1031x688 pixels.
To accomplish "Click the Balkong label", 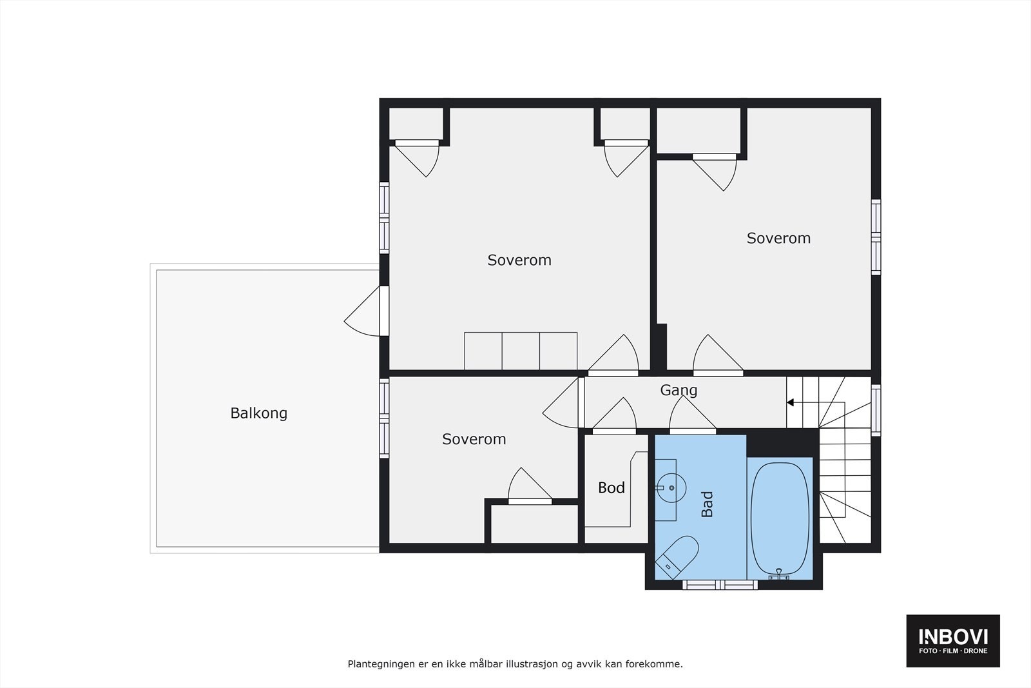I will click(x=258, y=413).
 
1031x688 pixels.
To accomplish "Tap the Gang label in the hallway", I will click(x=679, y=390).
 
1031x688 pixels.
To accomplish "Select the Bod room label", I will click(x=611, y=487).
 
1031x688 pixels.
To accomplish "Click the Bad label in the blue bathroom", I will click(x=708, y=504).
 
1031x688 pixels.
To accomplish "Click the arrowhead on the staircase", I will click(x=790, y=403).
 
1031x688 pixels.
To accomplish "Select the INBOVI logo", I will click(x=953, y=640).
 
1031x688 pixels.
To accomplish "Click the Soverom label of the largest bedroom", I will click(x=519, y=260).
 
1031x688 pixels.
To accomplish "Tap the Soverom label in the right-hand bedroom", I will click(x=778, y=239).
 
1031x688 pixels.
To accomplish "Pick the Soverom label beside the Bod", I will click(x=474, y=439).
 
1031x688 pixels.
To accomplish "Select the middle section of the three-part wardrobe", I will click(x=521, y=351).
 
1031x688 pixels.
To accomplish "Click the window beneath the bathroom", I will click(x=720, y=585).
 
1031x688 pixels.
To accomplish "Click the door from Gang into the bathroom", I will click(x=692, y=416).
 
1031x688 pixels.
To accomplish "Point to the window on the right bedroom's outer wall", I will click(x=876, y=237).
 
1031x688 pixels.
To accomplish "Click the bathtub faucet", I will click(x=779, y=574).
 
